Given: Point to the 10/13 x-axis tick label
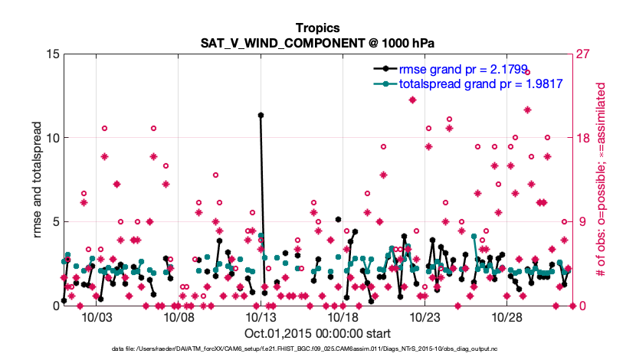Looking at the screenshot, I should [x=261, y=317].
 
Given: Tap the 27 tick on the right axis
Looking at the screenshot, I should [x=585, y=54].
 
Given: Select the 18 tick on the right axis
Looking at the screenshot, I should [x=585, y=138].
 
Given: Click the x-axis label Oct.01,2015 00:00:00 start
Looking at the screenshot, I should [x=317, y=333].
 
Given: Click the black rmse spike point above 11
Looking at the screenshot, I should [x=261, y=115].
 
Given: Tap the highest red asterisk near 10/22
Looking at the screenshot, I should [x=412, y=100].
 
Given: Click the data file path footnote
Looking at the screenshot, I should [x=317, y=349].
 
